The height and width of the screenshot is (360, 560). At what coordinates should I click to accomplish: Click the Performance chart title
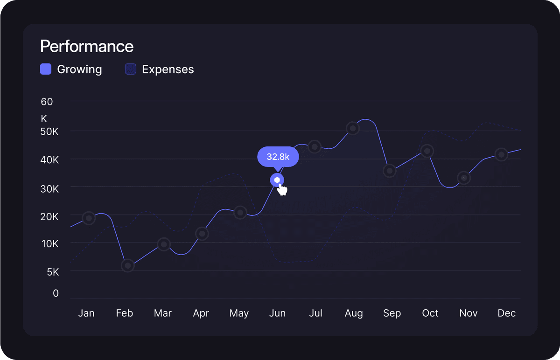point(87,47)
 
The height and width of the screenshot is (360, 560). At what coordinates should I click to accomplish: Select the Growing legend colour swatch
point(46,69)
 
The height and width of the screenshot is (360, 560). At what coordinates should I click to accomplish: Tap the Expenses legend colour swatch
point(131,69)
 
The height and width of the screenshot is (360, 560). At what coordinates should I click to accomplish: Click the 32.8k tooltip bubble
point(278,157)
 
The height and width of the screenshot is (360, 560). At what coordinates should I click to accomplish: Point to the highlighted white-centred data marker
point(277,180)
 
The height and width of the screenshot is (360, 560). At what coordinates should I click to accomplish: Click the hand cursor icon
point(282,190)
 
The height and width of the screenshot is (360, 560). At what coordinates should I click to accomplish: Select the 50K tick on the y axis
point(49,132)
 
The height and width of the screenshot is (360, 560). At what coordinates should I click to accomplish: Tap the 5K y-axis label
point(53,272)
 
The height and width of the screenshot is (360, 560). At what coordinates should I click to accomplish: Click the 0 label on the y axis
point(56,293)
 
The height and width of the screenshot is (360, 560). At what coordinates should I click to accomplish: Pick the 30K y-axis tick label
point(49,189)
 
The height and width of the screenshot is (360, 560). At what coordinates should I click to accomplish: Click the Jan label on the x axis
point(86,313)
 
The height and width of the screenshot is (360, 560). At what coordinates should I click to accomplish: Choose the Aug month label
point(354,313)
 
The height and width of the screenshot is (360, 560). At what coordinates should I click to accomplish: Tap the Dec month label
point(506,313)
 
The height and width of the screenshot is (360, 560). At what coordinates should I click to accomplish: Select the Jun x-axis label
point(277,313)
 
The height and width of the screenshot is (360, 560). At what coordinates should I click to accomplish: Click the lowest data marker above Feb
point(128,265)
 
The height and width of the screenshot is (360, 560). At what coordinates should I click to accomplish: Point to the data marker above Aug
point(353,128)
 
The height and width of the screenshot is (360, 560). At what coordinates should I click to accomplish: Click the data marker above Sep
point(390,171)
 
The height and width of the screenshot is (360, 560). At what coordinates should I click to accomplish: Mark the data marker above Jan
point(89,218)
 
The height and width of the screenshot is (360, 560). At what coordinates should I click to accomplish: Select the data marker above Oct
point(427,151)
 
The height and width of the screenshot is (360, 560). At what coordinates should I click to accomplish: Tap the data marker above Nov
point(464,178)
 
